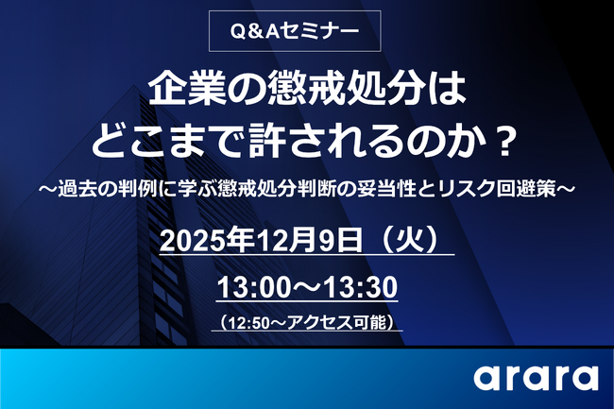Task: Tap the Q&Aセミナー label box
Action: [x=295, y=30]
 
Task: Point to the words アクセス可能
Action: [x=345, y=321]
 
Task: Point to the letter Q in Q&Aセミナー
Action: [x=239, y=30]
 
